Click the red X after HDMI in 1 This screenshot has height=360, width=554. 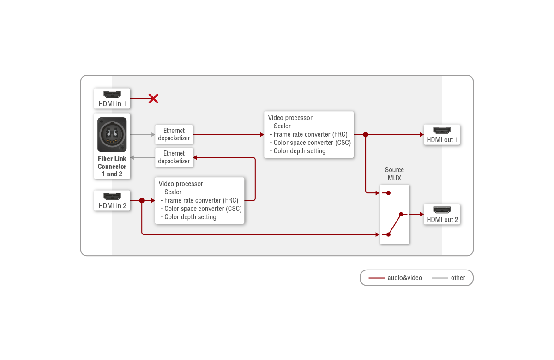[153, 98]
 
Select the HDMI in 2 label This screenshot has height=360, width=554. [112, 206]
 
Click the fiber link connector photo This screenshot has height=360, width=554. [112, 134]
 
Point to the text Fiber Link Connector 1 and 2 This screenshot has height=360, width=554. [112, 166]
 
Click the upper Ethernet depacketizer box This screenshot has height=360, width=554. [174, 134]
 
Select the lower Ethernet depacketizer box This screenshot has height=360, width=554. [174, 157]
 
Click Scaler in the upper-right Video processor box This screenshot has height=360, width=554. [282, 126]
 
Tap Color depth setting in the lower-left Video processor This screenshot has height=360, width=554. [190, 217]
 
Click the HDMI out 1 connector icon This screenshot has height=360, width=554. [442, 131]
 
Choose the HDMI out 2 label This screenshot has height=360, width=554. [442, 220]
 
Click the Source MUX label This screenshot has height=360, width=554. [394, 174]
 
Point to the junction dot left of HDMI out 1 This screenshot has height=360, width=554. [366, 135]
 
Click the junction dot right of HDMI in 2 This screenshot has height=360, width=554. [142, 200]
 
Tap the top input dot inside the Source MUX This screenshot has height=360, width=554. [389, 193]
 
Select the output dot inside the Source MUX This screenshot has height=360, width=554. [401, 214]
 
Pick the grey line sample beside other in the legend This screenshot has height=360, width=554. [440, 278]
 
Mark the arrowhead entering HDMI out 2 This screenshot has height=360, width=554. [422, 214]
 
